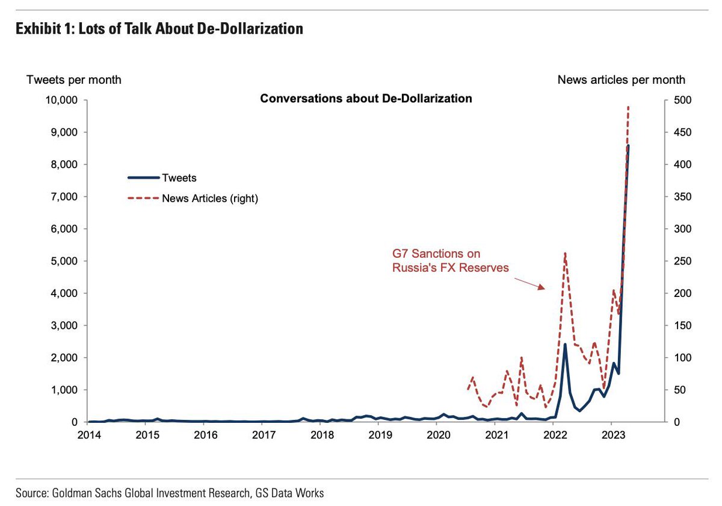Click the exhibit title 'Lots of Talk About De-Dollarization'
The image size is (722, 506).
coord(158,28)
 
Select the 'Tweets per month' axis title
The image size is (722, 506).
coord(73,80)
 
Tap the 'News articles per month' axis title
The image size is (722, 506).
coord(621,80)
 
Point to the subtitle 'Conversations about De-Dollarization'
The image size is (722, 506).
coord(366,98)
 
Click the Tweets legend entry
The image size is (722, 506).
coord(162,178)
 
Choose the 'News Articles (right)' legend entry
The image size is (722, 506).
coord(193,198)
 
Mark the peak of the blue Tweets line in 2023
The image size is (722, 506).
coord(628,146)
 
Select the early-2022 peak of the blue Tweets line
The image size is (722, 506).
coord(565,344)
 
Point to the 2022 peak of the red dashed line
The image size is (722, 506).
coord(565,254)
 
